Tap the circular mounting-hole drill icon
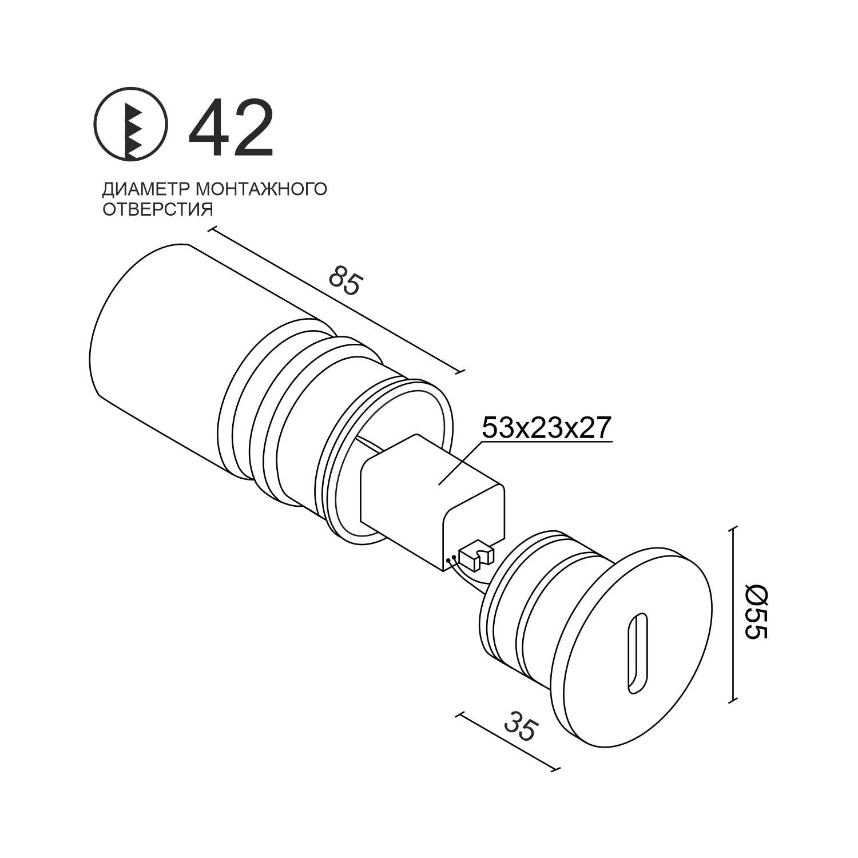click(x=131, y=123)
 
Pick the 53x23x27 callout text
click(x=547, y=427)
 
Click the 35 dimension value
click(x=521, y=726)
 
